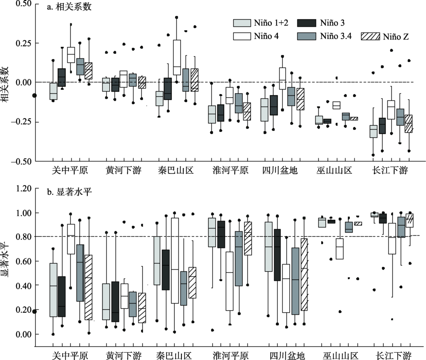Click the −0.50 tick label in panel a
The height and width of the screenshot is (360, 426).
tap(22, 161)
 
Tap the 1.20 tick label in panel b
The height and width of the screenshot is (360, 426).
tap(23, 188)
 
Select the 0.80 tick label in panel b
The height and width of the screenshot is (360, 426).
tap(23, 237)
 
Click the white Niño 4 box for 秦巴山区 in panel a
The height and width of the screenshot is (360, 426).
tap(177, 58)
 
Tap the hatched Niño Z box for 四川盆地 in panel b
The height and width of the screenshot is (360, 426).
tap(304, 274)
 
